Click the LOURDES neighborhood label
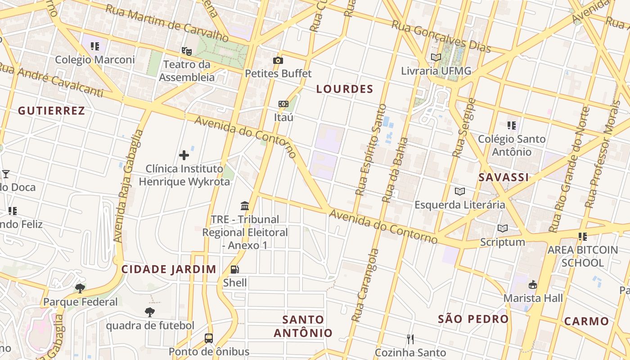click(x=345, y=89)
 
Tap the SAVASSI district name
click(x=504, y=177)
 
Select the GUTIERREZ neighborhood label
click(x=51, y=111)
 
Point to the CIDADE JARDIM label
click(x=169, y=270)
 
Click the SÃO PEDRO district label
click(x=473, y=319)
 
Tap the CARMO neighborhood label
click(x=586, y=321)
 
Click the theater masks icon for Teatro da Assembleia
click(x=186, y=51)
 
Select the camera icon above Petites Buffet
click(x=278, y=60)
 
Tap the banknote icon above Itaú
click(x=283, y=104)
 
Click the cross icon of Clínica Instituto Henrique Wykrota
click(x=184, y=155)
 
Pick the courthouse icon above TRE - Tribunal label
click(x=245, y=206)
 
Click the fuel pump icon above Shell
click(x=234, y=269)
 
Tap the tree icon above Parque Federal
click(x=80, y=288)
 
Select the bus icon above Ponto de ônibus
click(x=208, y=338)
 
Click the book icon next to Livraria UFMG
click(x=436, y=57)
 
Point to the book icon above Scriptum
click(x=502, y=229)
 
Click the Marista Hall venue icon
click(x=533, y=284)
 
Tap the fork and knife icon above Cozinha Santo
click(x=410, y=339)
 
